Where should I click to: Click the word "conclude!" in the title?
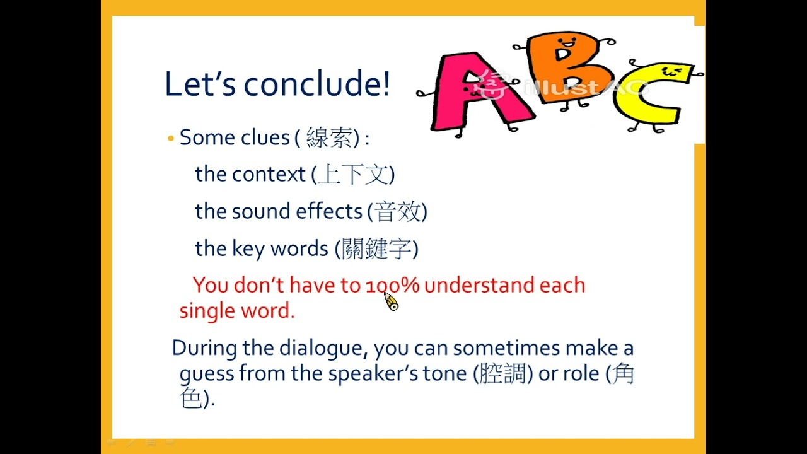click(x=316, y=84)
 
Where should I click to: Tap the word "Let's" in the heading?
click(x=200, y=84)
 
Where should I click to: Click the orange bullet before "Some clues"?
click(x=171, y=138)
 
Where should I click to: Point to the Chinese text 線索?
click(x=329, y=137)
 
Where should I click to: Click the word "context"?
click(x=269, y=175)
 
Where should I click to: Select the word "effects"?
click(x=329, y=211)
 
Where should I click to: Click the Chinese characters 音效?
click(x=397, y=211)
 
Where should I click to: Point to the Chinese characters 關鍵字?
click(x=376, y=248)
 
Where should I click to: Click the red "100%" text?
click(x=393, y=286)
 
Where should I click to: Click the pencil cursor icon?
click(x=392, y=301)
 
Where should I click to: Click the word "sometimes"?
click(x=506, y=349)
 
